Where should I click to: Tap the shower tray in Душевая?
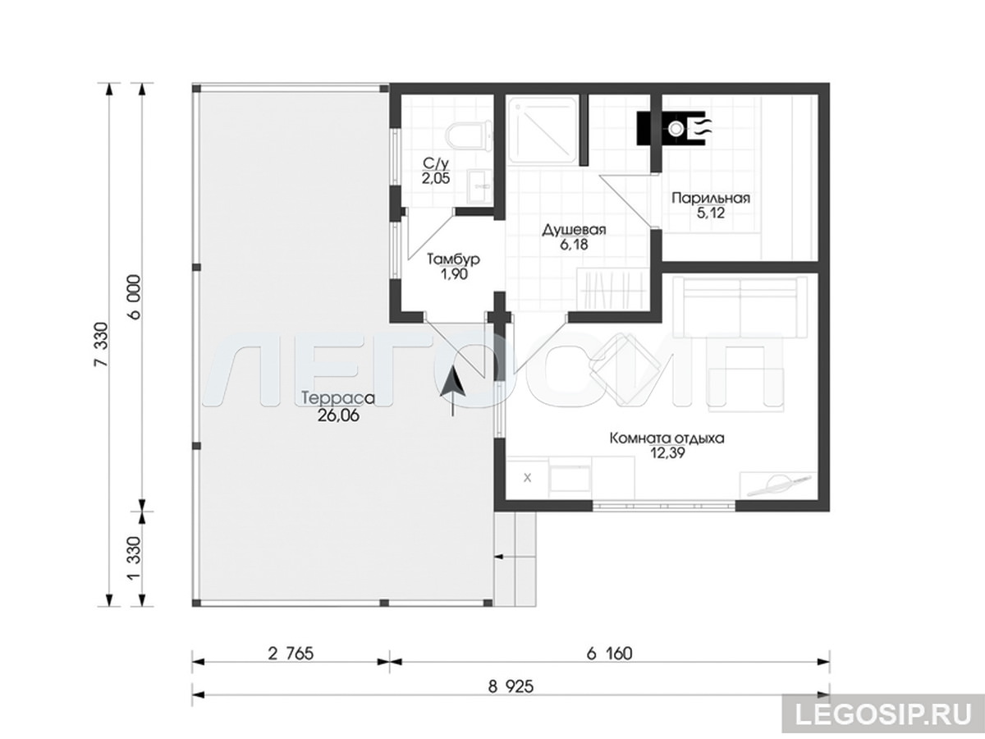(x=543, y=131)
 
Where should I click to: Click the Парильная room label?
(x=710, y=198)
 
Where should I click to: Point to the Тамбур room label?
(x=454, y=259)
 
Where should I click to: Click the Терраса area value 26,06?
(x=338, y=416)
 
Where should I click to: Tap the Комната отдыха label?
(x=667, y=438)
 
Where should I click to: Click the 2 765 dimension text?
(x=291, y=654)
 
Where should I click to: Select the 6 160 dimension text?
(x=609, y=654)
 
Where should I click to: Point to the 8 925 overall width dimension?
(x=511, y=687)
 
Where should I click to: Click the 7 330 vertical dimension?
(x=102, y=345)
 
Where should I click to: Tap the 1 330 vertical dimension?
(x=135, y=558)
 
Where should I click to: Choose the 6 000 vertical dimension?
(x=135, y=297)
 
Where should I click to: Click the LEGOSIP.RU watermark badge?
(x=883, y=714)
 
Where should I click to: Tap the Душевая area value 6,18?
(x=574, y=245)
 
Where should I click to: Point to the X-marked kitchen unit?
(x=527, y=478)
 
